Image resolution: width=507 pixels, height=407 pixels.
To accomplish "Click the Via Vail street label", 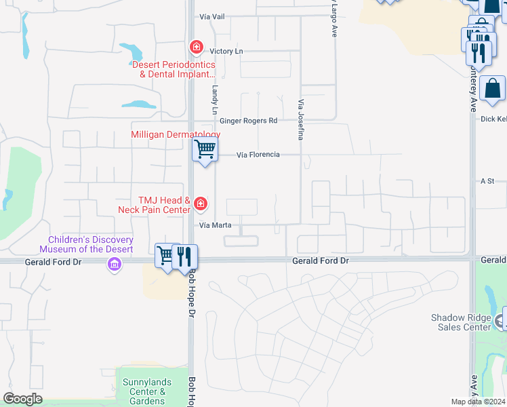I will click(x=211, y=16).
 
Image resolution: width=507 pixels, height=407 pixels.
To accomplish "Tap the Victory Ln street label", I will click(x=226, y=51).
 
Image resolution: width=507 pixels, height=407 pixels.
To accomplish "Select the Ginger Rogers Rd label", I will click(x=248, y=121).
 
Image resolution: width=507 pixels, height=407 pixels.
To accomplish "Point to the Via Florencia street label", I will click(x=258, y=155).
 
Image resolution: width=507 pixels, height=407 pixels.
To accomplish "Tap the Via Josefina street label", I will click(x=300, y=119).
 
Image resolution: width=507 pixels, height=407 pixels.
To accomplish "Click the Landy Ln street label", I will click(x=215, y=98).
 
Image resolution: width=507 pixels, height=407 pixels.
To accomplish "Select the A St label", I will click(x=487, y=181).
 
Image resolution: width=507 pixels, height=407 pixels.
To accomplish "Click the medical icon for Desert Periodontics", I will click(x=196, y=47).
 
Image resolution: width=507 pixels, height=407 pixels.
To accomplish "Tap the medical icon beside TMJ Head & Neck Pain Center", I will click(x=200, y=203).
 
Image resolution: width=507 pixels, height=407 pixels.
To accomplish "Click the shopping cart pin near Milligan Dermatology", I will click(x=205, y=149).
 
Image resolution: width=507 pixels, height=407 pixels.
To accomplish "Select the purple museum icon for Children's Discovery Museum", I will click(x=114, y=265).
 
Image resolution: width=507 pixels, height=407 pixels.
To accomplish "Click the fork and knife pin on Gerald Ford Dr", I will click(x=184, y=256).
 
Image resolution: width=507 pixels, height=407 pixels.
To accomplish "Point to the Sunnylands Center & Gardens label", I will click(x=144, y=391).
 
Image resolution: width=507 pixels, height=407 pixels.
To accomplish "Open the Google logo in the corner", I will click(x=22, y=399).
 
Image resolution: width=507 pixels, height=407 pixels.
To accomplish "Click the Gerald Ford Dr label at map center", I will click(x=320, y=260).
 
